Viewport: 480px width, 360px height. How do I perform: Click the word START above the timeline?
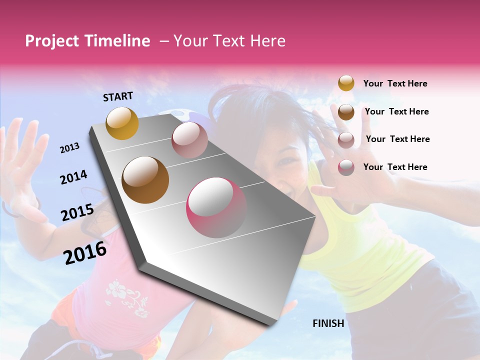click(x=118, y=96)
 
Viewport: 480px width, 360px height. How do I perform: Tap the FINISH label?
click(x=328, y=323)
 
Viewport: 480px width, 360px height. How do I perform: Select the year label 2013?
click(x=69, y=148)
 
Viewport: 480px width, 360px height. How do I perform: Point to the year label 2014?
click(x=73, y=177)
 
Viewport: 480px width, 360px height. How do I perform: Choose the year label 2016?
click(x=85, y=252)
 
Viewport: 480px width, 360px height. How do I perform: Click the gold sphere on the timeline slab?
click(x=122, y=123)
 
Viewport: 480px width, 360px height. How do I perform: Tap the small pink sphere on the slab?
click(x=189, y=140)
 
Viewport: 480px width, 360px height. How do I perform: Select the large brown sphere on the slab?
click(x=145, y=179)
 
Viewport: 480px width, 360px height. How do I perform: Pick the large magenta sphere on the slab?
click(x=217, y=207)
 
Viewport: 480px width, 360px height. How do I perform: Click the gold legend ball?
click(x=346, y=83)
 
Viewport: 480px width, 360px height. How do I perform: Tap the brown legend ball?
click(x=346, y=112)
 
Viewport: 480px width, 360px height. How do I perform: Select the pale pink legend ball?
click(x=346, y=140)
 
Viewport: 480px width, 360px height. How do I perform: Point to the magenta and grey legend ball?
click(x=346, y=167)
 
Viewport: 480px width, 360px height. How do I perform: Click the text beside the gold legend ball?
click(x=395, y=83)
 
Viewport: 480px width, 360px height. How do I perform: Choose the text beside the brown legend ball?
click(x=396, y=111)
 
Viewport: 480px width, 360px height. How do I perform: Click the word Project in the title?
click(x=52, y=41)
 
